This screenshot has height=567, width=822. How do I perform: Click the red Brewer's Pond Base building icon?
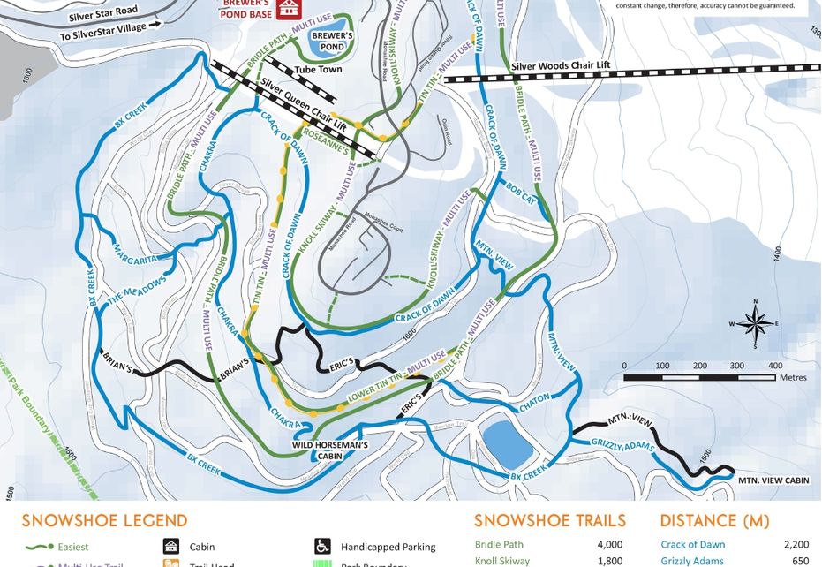[x=288, y=9]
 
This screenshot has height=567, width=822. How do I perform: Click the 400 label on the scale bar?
[x=775, y=366]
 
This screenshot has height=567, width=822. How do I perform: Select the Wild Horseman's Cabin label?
[x=329, y=446]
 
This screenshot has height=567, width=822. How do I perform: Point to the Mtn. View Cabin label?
[x=773, y=480]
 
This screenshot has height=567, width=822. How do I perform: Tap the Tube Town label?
[x=318, y=70]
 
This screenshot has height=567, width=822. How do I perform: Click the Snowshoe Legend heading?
[x=104, y=520]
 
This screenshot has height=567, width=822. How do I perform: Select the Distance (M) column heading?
[x=714, y=520]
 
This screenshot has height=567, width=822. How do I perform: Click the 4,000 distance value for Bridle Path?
[x=609, y=545]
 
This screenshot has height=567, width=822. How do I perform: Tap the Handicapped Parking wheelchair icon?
[x=323, y=547]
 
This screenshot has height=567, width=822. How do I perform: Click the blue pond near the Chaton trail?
[x=509, y=443]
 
